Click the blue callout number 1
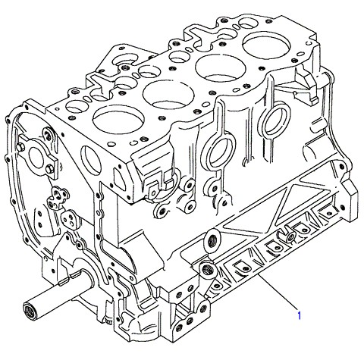click(x=299, y=315)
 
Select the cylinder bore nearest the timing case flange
click(x=118, y=120)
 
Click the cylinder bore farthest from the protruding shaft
click(x=266, y=45)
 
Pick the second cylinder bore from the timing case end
click(x=168, y=95)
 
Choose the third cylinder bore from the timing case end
click(x=221, y=67)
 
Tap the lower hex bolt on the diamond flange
click(x=49, y=169)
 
